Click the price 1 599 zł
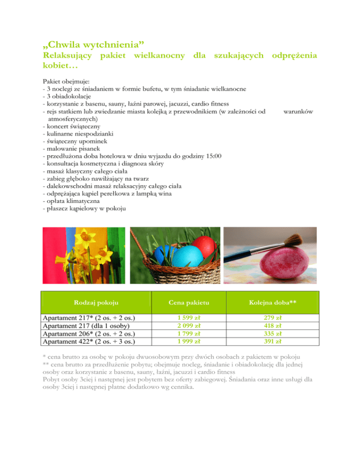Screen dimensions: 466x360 coord(187,318)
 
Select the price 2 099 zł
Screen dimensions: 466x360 coord(187,326)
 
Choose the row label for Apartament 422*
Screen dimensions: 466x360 coord(90,341)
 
